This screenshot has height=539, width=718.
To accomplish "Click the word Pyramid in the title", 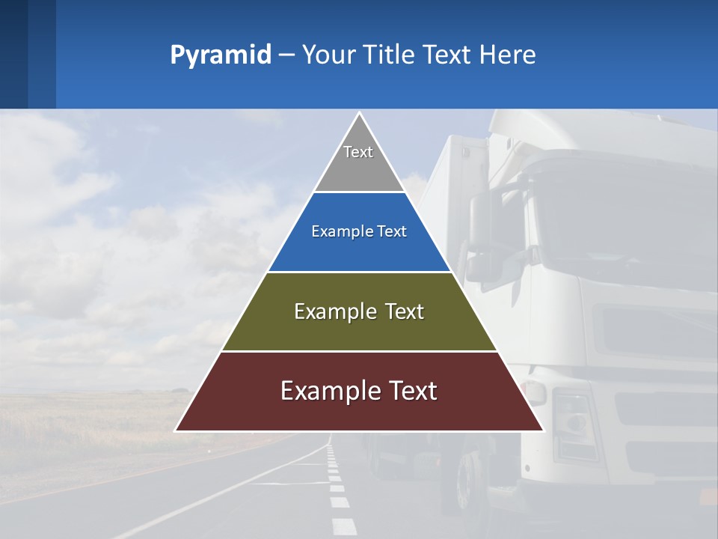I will click(220, 55).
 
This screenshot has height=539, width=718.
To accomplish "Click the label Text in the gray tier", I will click(358, 152).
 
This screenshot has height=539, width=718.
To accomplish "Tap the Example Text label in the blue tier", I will click(359, 231).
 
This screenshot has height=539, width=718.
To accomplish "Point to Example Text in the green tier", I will click(359, 311).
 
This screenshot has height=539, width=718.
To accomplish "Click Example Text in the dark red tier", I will click(359, 391).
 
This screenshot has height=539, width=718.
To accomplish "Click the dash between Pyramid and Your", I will click(286, 55).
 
